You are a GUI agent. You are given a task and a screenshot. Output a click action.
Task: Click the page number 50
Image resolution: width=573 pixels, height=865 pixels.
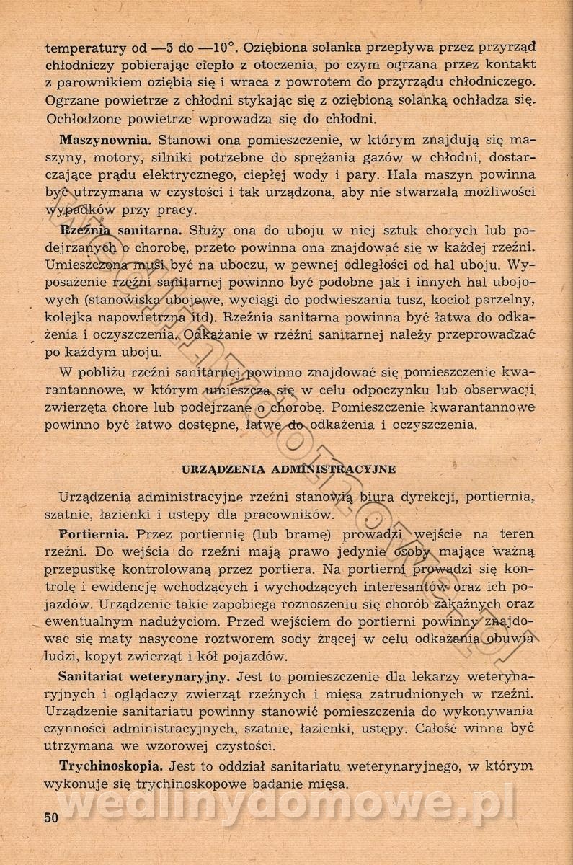[x=50, y=817]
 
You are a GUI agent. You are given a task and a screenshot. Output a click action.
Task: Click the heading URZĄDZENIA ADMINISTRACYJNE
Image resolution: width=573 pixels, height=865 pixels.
[x=288, y=469]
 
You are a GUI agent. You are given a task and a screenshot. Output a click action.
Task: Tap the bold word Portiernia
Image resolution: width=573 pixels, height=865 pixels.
[x=94, y=534]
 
